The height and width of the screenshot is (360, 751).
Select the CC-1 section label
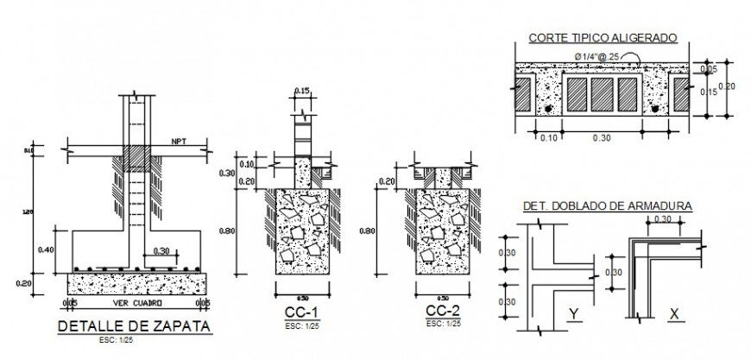(x=301, y=311)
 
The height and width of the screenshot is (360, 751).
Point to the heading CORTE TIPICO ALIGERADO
(x=603, y=38)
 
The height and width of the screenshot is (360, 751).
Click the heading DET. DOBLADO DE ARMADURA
(x=607, y=206)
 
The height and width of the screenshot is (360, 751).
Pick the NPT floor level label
(x=180, y=140)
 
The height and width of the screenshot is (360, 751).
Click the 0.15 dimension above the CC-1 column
(x=301, y=92)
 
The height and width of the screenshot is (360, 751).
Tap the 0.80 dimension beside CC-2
(x=366, y=231)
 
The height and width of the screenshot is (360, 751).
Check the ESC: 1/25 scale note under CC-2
(x=443, y=322)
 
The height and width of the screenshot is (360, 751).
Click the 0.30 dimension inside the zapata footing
(x=160, y=252)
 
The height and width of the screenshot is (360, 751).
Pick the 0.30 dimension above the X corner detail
(x=663, y=220)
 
